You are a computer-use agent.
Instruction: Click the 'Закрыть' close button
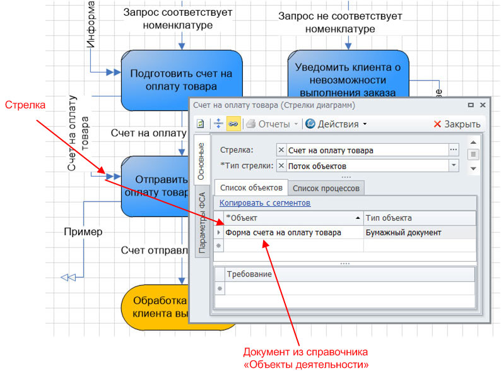coord(457,124)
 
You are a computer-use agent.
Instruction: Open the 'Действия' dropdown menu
coord(336,124)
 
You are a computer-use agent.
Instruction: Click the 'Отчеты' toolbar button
coord(272,124)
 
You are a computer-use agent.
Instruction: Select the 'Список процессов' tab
coord(326,187)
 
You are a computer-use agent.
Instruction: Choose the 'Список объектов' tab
coord(251,187)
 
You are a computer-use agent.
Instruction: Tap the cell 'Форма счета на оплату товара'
coord(283,232)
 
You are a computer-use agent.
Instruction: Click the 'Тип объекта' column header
coord(389,218)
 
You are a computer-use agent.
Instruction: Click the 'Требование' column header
coord(249,274)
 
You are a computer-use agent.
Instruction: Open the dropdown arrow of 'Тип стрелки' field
coord(453,165)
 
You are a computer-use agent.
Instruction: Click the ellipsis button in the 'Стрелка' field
coord(453,150)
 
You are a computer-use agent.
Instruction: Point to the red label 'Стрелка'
coord(21,105)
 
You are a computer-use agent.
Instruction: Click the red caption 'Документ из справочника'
coord(305,352)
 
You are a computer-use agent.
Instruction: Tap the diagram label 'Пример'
coord(83,232)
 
